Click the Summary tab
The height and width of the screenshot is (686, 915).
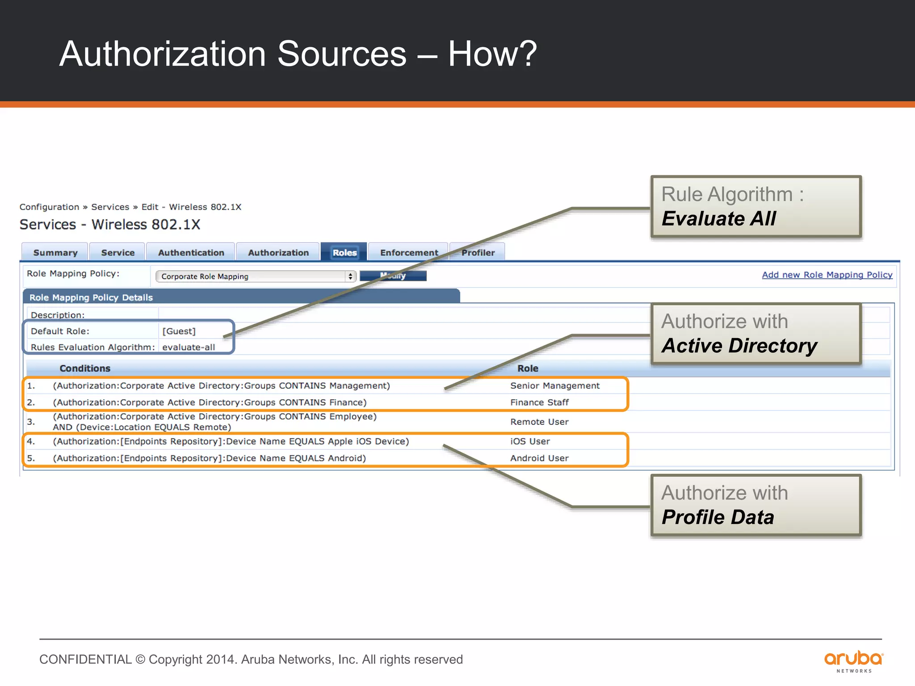tap(55, 253)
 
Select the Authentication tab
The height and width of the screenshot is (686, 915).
tap(191, 253)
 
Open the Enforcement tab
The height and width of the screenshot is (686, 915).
tap(409, 253)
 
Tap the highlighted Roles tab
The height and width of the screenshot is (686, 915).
tap(344, 253)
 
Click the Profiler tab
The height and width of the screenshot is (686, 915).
tap(478, 253)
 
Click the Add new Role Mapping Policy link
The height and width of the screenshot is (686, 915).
tap(827, 275)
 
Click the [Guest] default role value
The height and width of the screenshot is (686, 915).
tap(179, 331)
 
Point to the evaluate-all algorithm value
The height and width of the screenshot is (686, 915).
tap(189, 347)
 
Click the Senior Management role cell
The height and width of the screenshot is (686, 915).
tap(555, 386)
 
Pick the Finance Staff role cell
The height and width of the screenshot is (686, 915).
tap(539, 402)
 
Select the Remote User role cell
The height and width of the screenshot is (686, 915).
tap(539, 422)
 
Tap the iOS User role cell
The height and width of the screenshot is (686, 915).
tap(530, 442)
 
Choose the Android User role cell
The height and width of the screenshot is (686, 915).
tap(539, 458)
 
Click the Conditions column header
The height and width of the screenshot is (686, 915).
tap(85, 368)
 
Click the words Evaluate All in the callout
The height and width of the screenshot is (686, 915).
tap(718, 219)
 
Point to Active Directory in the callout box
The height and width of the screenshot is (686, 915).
tap(739, 346)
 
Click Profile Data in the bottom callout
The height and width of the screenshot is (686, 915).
tap(718, 517)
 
